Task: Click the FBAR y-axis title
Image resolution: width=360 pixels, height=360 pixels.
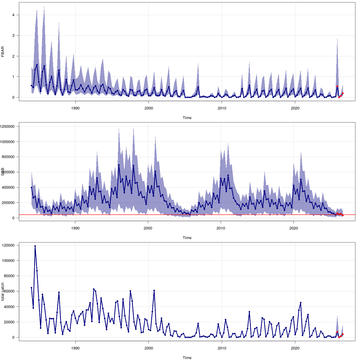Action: tap(3, 52)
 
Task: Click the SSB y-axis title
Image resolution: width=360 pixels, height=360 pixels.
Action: tap(3, 172)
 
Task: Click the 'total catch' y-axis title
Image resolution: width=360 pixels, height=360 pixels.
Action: tap(3, 292)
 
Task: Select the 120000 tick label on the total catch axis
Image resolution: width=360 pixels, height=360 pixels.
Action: tap(11, 245)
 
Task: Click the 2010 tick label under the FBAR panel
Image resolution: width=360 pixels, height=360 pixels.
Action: tap(222, 108)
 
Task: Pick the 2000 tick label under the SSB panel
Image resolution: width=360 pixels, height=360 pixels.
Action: tap(148, 228)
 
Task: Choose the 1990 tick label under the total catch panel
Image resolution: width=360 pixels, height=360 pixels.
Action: tap(75, 348)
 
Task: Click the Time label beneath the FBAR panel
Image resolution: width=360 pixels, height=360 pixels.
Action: tap(187, 118)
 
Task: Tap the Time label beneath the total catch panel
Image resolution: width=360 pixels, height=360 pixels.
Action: tap(187, 358)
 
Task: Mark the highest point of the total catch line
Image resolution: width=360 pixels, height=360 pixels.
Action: tap(35, 246)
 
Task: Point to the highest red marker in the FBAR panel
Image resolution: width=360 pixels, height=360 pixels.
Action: tap(337, 86)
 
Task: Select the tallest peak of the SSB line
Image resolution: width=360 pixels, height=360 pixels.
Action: tap(119, 165)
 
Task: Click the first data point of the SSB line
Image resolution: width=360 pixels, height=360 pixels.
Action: tap(31, 187)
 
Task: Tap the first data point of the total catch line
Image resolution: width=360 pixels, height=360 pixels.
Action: tap(31, 288)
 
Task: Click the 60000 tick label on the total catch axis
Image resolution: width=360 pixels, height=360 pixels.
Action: tap(12, 291)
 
